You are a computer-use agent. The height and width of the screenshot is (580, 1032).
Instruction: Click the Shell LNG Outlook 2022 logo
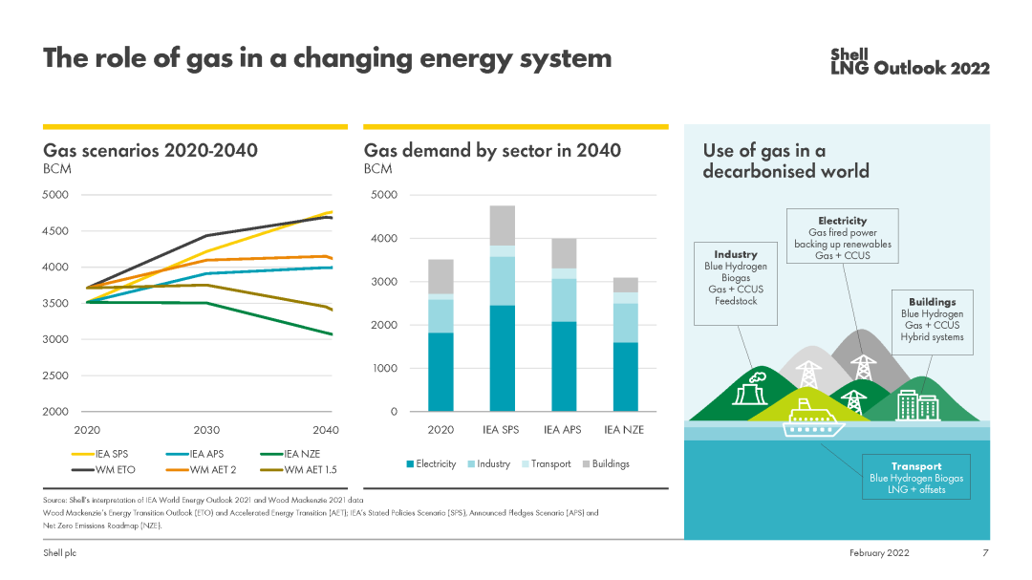(x=910, y=61)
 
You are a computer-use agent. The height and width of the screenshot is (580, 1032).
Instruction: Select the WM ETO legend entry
(x=110, y=469)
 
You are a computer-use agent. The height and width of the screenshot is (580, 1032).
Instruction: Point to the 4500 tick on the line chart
(x=56, y=231)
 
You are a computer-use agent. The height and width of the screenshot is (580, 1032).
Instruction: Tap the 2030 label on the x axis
(x=207, y=430)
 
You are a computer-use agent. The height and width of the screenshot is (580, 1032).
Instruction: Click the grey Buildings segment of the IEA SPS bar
(x=503, y=226)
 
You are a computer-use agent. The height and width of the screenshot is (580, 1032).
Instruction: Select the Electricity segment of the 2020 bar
(x=441, y=372)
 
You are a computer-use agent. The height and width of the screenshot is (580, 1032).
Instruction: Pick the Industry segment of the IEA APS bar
(x=564, y=300)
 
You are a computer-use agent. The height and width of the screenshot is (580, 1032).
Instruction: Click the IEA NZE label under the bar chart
(x=625, y=430)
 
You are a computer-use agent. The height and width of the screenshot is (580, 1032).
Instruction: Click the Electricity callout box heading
(x=842, y=221)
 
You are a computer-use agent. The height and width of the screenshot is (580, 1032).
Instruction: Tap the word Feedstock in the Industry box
(x=735, y=301)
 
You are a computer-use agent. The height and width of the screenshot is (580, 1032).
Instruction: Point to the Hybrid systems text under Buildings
(x=932, y=337)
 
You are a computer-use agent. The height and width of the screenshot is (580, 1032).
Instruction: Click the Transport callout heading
(x=915, y=466)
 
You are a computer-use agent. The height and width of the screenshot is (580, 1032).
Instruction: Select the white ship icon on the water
(x=813, y=419)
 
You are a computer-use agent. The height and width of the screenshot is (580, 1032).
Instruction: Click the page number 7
(x=985, y=553)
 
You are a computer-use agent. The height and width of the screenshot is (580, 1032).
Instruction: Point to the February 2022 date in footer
(x=879, y=553)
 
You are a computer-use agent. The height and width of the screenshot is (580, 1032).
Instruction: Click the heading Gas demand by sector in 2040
(x=492, y=150)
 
